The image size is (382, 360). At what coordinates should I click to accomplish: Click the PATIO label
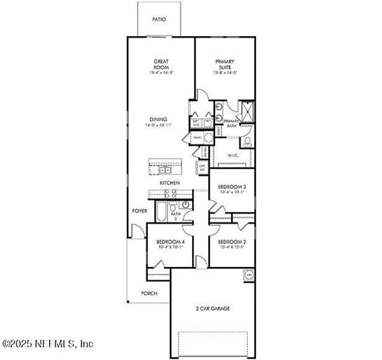(x=159, y=20)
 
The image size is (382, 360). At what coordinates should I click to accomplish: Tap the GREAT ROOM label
(x=160, y=64)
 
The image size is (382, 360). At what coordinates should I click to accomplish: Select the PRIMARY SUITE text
(x=225, y=64)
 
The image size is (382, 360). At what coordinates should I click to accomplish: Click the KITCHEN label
(x=169, y=182)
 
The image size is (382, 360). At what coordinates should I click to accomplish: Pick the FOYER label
(x=140, y=211)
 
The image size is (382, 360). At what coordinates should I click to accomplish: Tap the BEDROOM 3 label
(x=231, y=187)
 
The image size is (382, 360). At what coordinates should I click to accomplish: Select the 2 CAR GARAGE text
(x=213, y=308)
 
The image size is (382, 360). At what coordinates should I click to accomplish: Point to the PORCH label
(x=148, y=293)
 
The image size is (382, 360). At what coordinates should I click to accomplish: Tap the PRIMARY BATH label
(x=232, y=122)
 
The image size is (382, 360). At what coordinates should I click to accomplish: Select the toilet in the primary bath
(x=247, y=142)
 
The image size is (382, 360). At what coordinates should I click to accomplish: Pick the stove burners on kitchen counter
(x=170, y=193)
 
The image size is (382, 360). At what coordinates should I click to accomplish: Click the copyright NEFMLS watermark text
(x=48, y=344)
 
